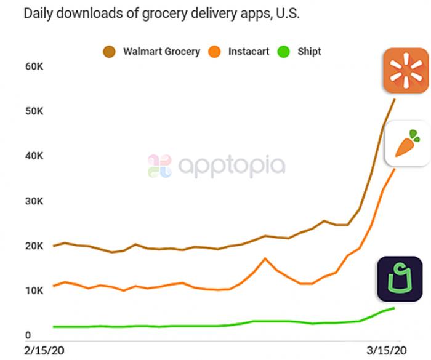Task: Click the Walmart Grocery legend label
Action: click(161, 52)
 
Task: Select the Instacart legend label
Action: click(249, 52)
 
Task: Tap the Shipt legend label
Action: click(309, 52)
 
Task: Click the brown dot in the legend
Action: click(109, 52)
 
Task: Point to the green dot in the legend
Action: click(285, 52)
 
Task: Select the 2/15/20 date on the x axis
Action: click(43, 351)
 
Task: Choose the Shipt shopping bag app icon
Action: click(400, 279)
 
